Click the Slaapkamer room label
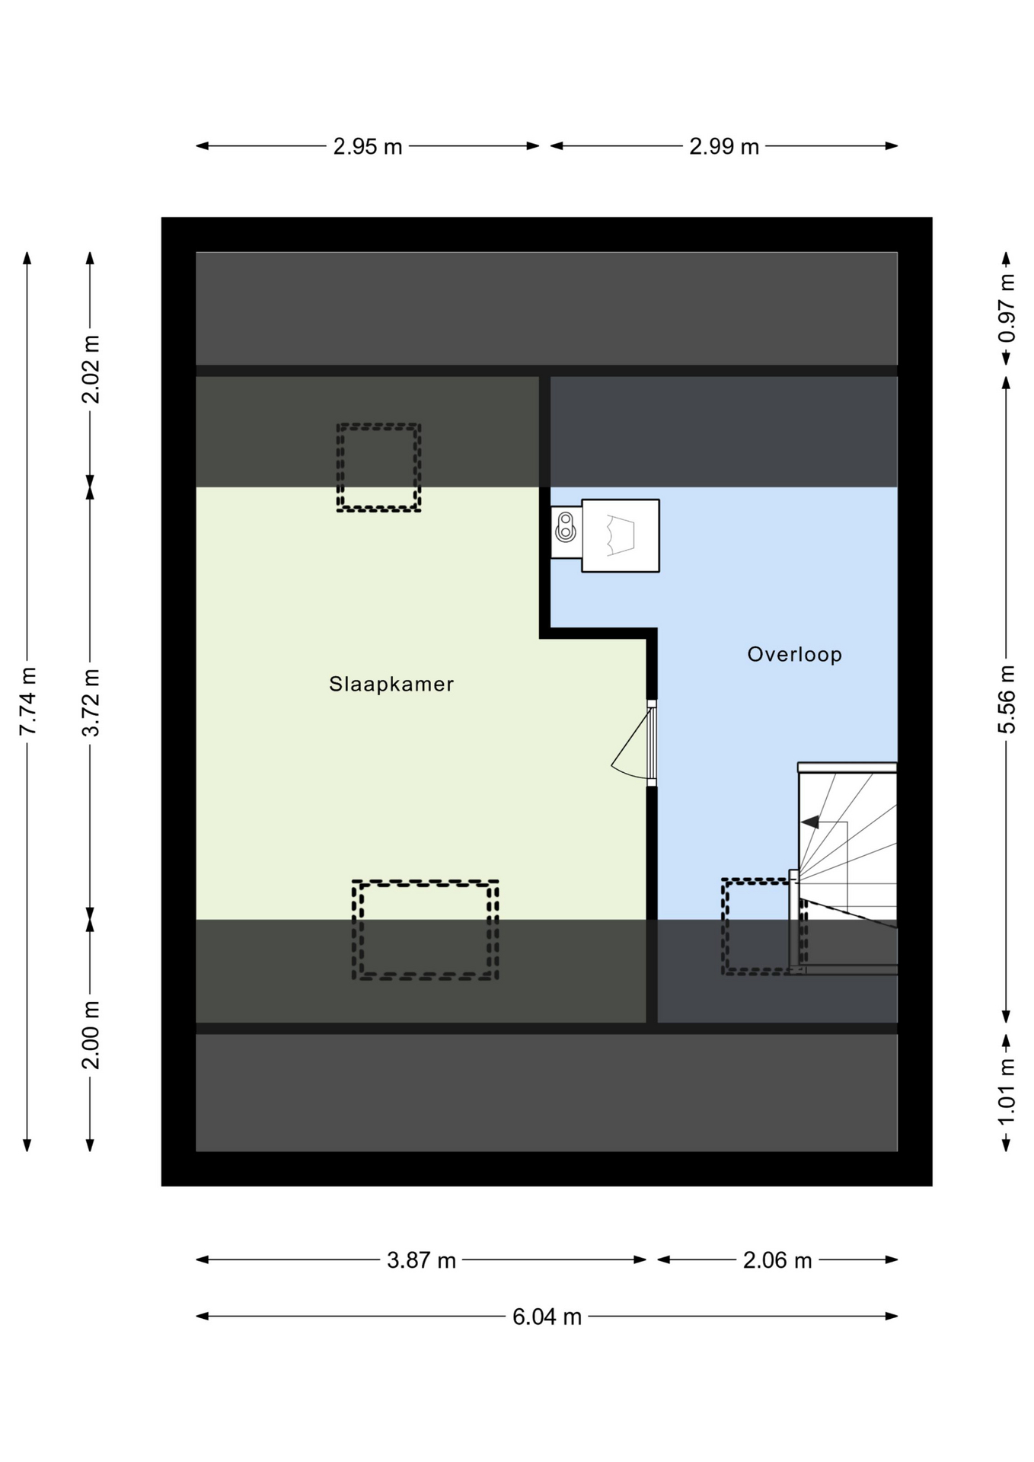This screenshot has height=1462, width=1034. [391, 684]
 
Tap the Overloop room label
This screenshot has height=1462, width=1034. [794, 654]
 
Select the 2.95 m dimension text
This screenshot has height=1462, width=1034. [368, 146]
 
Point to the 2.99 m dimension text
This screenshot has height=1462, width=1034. [724, 146]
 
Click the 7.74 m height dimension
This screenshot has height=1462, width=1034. [27, 701]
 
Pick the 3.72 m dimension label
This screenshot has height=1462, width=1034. [91, 701]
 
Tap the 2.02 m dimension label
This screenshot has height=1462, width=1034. [91, 369]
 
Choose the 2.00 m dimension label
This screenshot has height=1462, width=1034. [91, 1035]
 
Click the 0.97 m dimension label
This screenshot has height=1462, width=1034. [1007, 308]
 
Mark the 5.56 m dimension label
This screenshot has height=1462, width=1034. [1007, 700]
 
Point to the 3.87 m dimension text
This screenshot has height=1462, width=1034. [421, 1260]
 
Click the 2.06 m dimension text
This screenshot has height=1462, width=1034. [777, 1260]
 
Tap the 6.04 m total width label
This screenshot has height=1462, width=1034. [547, 1317]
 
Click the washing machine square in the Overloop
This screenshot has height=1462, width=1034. [621, 535]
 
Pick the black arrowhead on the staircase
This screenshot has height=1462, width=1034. [809, 822]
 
